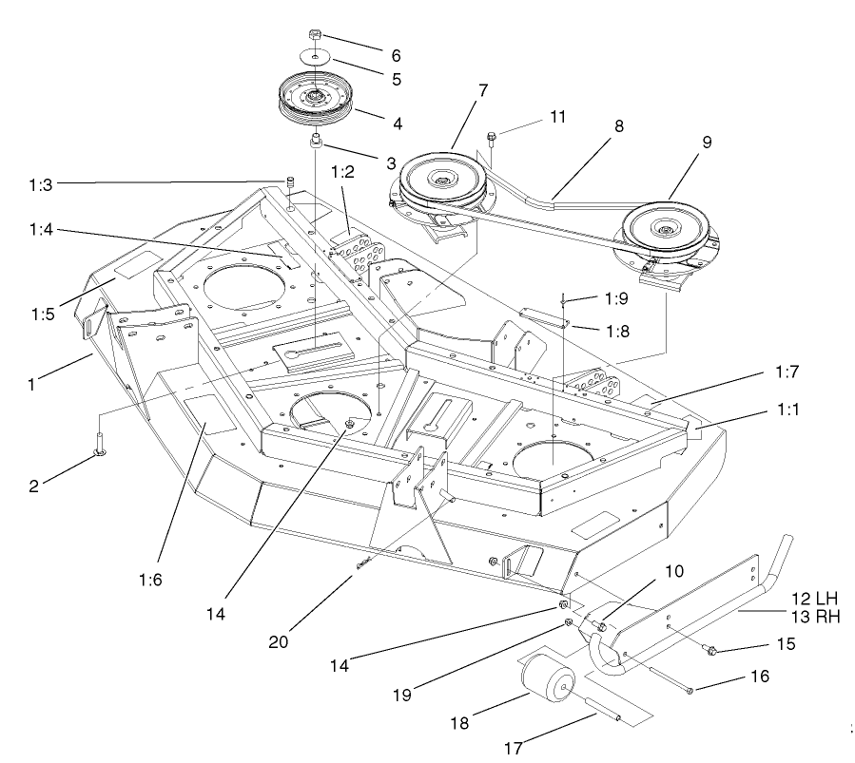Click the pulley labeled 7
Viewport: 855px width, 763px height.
click(443, 180)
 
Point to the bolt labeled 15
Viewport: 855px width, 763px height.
click(709, 650)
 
